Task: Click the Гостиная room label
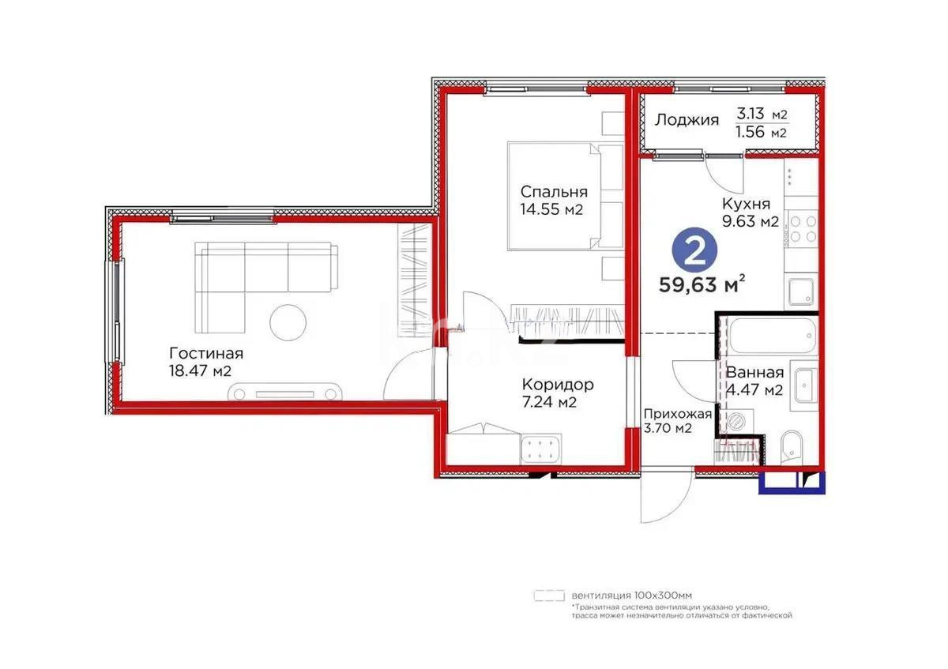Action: [x=206, y=353]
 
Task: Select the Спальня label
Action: [x=553, y=191]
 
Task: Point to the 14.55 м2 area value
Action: [x=553, y=210]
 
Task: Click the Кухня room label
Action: [x=746, y=204]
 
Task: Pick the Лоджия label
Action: [x=687, y=120]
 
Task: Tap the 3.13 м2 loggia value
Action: [x=762, y=114]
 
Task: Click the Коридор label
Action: [x=558, y=385]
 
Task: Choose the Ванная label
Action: [x=754, y=373]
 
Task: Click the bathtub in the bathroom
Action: [x=770, y=337]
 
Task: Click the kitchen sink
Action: [x=802, y=293]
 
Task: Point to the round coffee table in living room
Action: [x=288, y=322]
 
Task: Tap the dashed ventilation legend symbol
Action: [x=549, y=595]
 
